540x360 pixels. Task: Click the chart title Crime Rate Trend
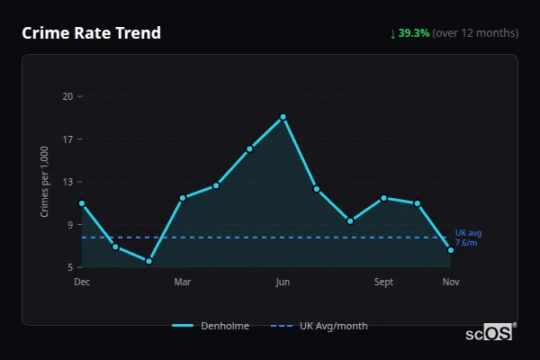tap(92, 33)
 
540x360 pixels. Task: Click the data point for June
tap(283, 117)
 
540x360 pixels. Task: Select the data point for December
tap(82, 203)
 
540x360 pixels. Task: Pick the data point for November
tap(451, 250)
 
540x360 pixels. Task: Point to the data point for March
tap(183, 198)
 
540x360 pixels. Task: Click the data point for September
tap(383, 198)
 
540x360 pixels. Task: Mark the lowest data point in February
tap(148, 261)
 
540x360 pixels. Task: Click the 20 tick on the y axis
tap(67, 95)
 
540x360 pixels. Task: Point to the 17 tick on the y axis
tap(67, 139)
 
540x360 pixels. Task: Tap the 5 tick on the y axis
tap(69, 267)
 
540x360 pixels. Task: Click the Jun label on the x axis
tap(283, 282)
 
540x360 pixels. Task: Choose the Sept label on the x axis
tap(383, 282)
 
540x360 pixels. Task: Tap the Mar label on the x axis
tap(183, 282)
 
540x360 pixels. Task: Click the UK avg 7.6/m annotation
tap(467, 238)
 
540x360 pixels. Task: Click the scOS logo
tap(490, 333)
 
